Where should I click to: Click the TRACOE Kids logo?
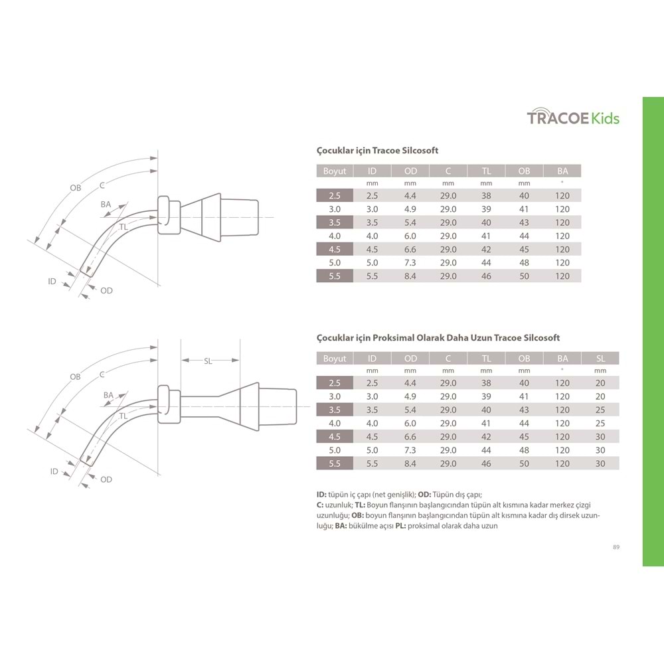[573, 118]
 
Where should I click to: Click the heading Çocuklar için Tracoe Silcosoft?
[377, 151]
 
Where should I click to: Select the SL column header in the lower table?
[600, 359]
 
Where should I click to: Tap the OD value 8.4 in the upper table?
[410, 276]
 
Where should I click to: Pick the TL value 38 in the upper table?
[486, 196]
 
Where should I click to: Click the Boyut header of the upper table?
[335, 171]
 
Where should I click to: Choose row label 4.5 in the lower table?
[335, 437]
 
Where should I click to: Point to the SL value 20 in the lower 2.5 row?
[600, 383]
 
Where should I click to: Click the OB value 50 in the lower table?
[525, 463]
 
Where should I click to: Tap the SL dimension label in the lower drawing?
[208, 361]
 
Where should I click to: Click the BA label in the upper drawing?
[106, 205]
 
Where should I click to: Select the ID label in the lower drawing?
[54, 471]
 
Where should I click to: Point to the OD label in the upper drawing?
[106, 290]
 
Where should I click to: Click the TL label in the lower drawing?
[124, 416]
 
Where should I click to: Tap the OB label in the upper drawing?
[75, 188]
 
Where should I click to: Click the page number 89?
[616, 547]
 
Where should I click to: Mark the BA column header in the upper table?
[562, 171]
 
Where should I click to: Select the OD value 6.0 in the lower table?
[410, 424]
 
